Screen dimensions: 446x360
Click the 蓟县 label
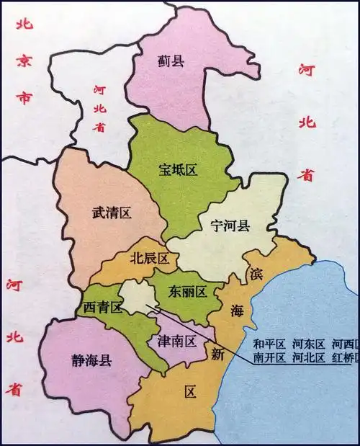pos(171,61)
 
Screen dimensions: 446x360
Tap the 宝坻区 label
pos(178,170)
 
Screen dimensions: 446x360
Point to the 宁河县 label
pos(230,227)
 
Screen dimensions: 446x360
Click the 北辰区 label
pos(149,258)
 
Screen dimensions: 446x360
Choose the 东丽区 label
pos(187,292)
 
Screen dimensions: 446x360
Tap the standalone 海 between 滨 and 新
pos(238,311)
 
